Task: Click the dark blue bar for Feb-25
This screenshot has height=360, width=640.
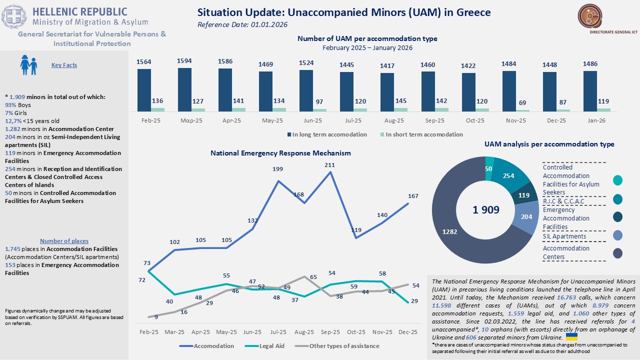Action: tap(144, 90)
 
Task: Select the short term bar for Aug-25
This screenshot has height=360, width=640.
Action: tap(400, 109)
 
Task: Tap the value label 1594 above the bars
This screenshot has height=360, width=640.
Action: tap(184, 61)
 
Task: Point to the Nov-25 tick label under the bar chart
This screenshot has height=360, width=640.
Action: tap(515, 121)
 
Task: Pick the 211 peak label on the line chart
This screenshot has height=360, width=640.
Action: tap(330, 164)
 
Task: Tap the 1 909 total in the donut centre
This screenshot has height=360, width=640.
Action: tap(485, 210)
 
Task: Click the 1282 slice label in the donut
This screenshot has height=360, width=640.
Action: tap(449, 231)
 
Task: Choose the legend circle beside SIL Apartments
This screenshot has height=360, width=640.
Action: tap(618, 235)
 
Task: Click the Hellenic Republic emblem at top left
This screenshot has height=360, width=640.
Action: tap(14, 16)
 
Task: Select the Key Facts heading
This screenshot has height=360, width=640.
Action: tap(64, 65)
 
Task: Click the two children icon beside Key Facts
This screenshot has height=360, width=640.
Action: tap(28, 64)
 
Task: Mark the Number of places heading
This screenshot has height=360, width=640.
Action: tap(64, 241)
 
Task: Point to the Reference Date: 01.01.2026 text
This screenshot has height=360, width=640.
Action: tap(242, 24)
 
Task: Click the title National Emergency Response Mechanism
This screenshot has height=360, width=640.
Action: tap(280, 153)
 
